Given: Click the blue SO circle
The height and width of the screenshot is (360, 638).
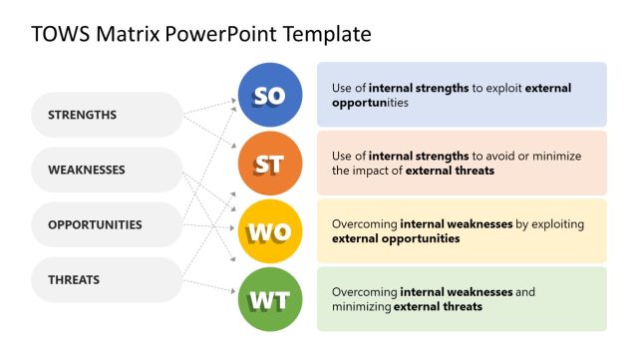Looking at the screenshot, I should [270, 95].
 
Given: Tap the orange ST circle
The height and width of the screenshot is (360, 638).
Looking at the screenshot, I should [270, 164].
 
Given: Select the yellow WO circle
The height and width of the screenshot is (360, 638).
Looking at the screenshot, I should [270, 231].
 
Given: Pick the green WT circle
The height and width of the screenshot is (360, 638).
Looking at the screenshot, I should [270, 299].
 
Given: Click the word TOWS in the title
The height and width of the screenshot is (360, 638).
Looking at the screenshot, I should [59, 34].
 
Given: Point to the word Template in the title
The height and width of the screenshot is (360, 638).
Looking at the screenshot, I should [328, 34].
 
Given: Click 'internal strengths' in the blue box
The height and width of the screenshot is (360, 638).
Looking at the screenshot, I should [420, 88].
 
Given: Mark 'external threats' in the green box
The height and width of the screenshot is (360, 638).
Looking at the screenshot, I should [438, 306].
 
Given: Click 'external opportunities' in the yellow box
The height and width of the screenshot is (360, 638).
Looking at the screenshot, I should [396, 238].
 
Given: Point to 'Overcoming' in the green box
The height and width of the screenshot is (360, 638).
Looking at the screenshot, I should [364, 292].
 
